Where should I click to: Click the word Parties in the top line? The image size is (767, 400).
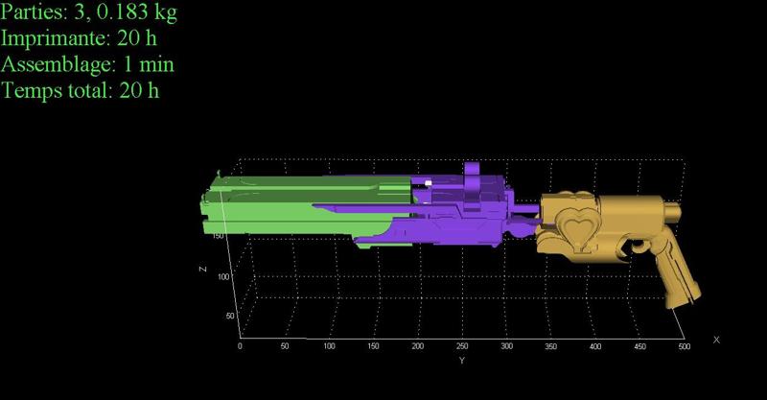tap(34, 12)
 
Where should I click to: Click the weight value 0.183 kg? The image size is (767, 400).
tap(137, 13)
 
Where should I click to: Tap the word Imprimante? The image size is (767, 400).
tap(56, 38)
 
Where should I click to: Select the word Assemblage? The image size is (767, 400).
tap(58, 65)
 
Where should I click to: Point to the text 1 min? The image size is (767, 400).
tap(149, 64)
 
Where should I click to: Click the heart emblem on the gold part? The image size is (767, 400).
tap(578, 227)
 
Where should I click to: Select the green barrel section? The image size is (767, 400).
tap(303, 204)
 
